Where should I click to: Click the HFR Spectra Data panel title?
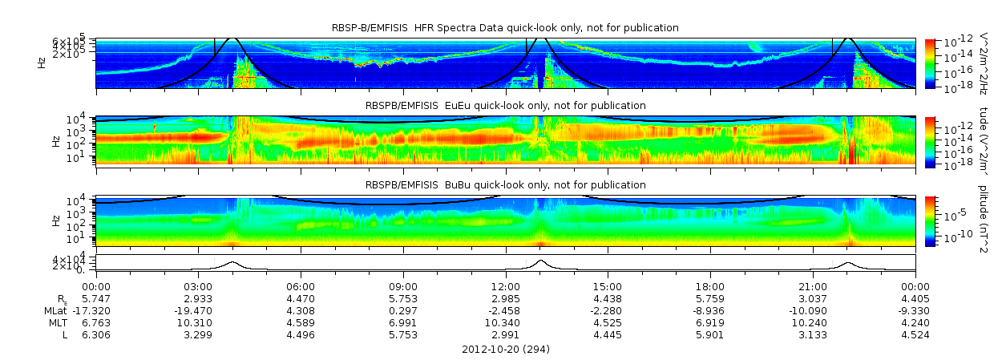505,28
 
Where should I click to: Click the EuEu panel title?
505,106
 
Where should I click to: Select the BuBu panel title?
505,185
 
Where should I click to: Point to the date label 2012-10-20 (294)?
506,350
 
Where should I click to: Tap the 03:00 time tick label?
199,286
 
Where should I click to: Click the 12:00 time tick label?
506,286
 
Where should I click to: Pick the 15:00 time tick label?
608,286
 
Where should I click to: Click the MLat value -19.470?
199,310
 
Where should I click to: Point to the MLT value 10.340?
506,322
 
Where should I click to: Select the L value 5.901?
710,334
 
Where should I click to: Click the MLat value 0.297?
403,310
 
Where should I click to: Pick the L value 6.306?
96,334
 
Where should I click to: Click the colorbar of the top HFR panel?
930,63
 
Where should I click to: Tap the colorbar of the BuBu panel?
930,220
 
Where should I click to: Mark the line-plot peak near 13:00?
540,261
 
